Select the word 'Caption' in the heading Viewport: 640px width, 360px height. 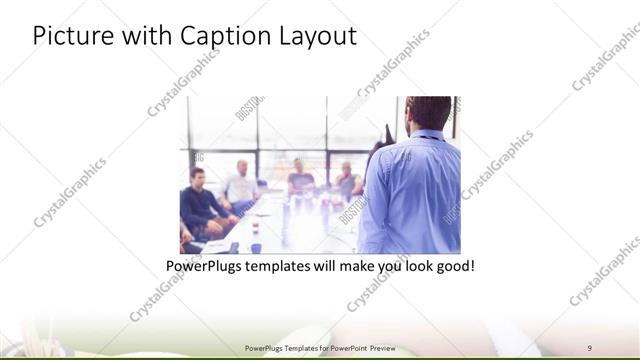point(221,36)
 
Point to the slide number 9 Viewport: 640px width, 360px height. point(589,347)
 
